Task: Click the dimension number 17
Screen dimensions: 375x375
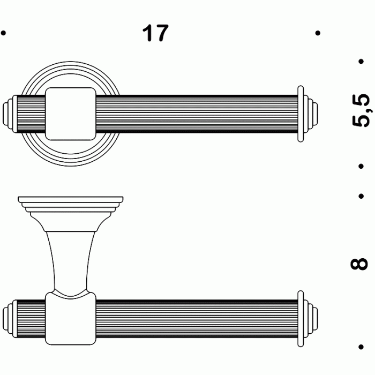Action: pos(155,33)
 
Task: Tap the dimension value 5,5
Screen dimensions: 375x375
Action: pos(361,110)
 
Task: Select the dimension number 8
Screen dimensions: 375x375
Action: pos(361,264)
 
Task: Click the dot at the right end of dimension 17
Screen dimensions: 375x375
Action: pos(318,33)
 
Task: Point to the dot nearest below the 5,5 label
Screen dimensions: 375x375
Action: pos(361,166)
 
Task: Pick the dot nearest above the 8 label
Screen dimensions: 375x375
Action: pos(361,196)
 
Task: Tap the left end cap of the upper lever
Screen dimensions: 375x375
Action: pos(11,114)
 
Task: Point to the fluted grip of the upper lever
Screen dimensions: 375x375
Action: pos(193,114)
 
